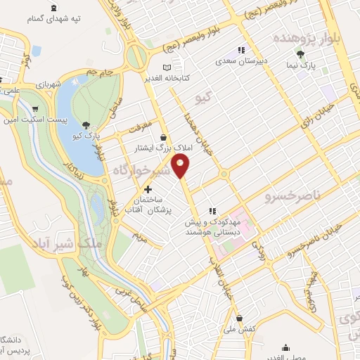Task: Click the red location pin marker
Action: point(181,167)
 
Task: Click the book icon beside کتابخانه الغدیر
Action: point(167,67)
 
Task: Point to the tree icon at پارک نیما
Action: point(301,55)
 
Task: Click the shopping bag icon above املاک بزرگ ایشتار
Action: point(164,137)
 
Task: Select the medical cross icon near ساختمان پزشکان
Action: point(148,189)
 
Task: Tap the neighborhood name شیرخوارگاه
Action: point(143,171)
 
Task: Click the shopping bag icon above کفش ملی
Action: point(240,318)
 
